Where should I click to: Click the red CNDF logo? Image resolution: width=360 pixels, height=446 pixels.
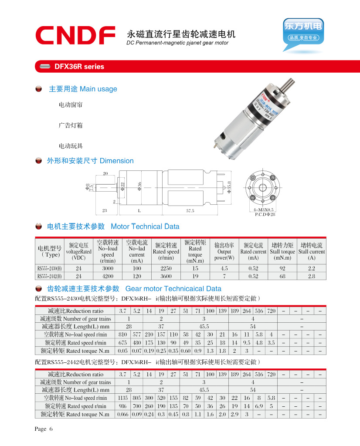click(75, 35)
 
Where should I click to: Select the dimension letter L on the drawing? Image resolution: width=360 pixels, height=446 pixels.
click(139, 210)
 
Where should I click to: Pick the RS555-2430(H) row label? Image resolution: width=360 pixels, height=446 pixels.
click(49, 268)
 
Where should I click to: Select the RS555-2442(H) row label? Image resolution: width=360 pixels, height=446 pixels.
click(49, 276)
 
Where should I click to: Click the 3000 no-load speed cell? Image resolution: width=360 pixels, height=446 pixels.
click(108, 268)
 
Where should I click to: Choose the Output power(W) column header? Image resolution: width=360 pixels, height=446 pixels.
click(224, 252)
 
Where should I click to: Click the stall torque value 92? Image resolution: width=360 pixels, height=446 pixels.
click(282, 268)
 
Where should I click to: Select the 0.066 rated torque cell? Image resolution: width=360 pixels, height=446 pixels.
click(122, 414)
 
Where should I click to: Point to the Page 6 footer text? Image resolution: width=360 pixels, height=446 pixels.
click(44, 429)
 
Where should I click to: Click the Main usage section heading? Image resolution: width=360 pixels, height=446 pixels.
click(83, 89)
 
